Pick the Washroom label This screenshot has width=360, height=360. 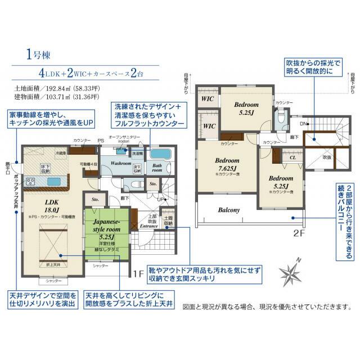(120, 163)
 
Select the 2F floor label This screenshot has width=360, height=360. (298, 232)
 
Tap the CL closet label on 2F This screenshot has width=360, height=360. (292, 158)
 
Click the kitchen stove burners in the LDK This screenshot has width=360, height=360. (31, 181)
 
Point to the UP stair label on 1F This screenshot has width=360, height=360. (160, 199)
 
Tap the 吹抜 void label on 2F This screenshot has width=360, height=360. (327, 157)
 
